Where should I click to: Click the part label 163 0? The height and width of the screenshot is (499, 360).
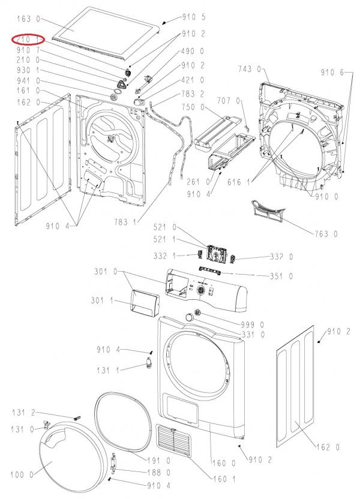tap(29, 19)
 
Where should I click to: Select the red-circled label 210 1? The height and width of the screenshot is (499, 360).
tap(29, 40)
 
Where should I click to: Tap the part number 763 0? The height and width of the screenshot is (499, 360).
tap(326, 235)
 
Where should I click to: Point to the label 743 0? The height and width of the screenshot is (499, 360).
tap(250, 69)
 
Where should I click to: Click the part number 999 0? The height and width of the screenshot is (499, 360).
tap(253, 325)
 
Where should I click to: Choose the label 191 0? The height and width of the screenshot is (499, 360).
tap(159, 461)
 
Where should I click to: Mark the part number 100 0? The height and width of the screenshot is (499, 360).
tap(22, 475)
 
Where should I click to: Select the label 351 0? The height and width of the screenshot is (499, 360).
tap(281, 276)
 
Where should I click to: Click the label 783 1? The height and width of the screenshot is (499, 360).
tap(125, 222)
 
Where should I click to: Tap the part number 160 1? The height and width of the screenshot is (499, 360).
tap(224, 479)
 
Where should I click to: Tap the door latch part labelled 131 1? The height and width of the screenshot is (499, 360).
tap(148, 363)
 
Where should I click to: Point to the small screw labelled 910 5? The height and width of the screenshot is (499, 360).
tap(164, 23)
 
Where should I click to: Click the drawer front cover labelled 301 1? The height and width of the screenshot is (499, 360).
tap(143, 302)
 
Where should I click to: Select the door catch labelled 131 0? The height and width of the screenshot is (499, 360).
tap(46, 424)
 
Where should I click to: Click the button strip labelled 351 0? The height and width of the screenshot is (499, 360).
tap(210, 270)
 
